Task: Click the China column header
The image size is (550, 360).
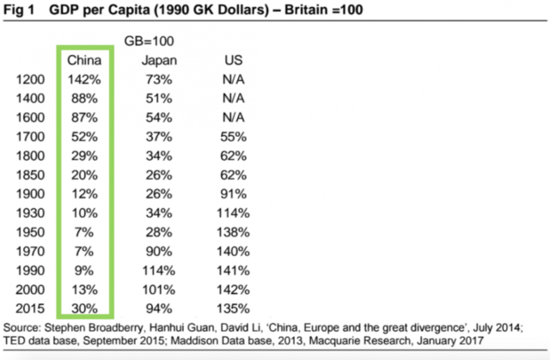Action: pos(84,61)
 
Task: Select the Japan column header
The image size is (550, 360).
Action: pos(159,61)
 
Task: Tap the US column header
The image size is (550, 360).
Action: pos(233,61)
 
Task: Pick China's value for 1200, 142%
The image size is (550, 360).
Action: pos(84,80)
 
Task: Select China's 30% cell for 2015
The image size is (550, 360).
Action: pos(84,307)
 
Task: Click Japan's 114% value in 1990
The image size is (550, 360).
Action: pos(159,269)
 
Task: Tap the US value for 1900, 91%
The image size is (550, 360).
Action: pos(233,193)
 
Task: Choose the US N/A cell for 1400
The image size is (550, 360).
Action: pos(233,99)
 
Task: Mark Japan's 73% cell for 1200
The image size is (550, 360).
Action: pos(159,80)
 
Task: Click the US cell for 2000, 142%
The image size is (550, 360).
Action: pos(233,288)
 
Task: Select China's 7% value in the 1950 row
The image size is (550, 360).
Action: pos(84,231)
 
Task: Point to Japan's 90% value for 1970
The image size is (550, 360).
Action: pos(159,250)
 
